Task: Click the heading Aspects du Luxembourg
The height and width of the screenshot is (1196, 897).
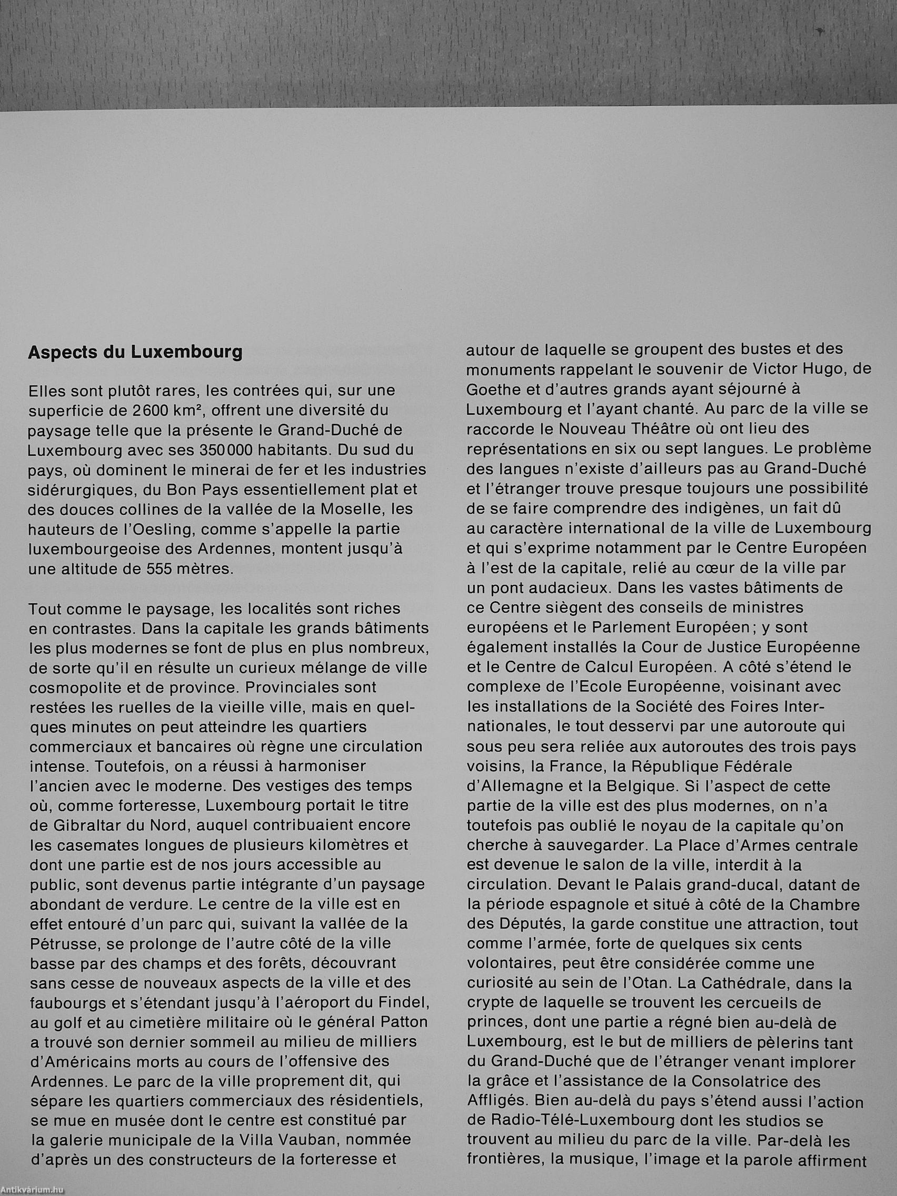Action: tap(135, 353)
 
